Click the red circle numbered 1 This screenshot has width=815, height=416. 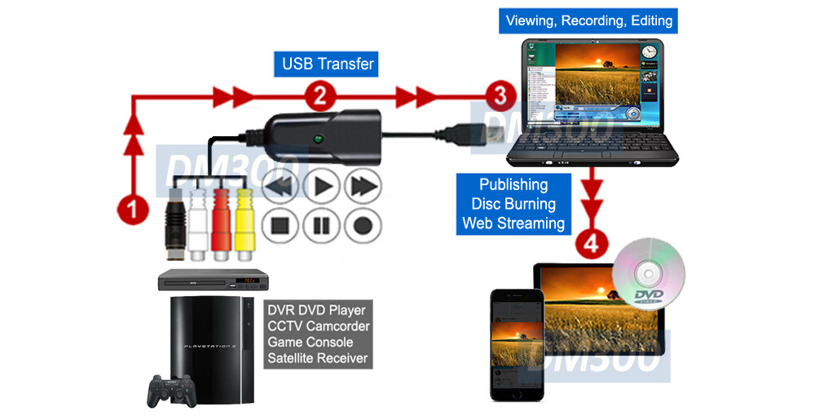click(x=132, y=209)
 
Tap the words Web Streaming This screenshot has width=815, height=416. click(x=513, y=223)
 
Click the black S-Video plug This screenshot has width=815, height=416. click(x=174, y=220)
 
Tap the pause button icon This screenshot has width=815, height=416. click(x=322, y=223)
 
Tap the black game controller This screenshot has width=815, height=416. click(x=170, y=391)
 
